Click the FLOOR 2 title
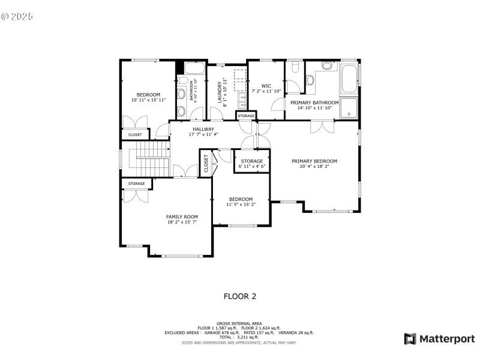point(239,296)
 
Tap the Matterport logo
point(439,339)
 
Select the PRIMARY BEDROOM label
point(314,161)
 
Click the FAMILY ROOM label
point(182,217)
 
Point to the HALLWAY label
point(203,129)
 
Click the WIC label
point(266,86)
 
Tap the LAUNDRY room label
point(220,92)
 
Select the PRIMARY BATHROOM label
point(314,103)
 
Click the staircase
point(149,158)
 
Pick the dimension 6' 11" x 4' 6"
point(251,167)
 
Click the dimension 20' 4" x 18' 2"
point(314,167)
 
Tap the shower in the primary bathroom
point(349,108)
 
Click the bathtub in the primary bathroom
point(349,79)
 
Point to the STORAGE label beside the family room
point(136,184)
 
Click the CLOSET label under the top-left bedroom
point(135,134)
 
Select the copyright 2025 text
point(17,16)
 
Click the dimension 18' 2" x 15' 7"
point(182,222)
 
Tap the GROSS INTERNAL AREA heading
point(239,323)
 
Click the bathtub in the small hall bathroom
point(195,68)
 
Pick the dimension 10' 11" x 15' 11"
point(148,100)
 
